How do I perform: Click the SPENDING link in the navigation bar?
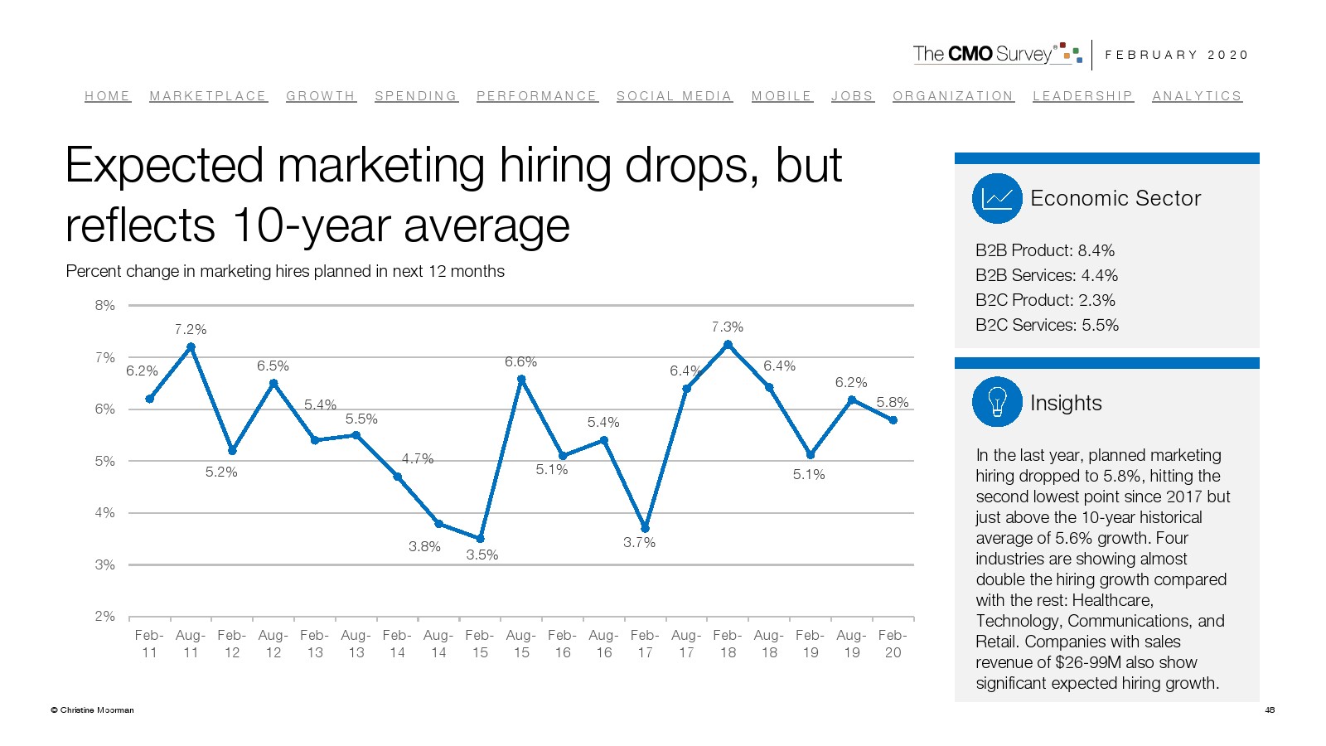point(415,96)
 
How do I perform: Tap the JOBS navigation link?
point(852,96)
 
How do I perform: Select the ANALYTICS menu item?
point(1197,96)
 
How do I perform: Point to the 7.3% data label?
point(728,327)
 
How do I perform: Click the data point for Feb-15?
point(480,539)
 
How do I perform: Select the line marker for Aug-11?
point(191,347)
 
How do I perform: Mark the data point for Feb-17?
point(645,528)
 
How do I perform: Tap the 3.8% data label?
point(424,547)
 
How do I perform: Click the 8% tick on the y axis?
point(105,305)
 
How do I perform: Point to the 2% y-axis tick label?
point(105,616)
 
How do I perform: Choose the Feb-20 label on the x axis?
point(893,644)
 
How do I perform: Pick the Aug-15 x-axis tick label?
point(521,644)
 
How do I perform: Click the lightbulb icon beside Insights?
point(997,402)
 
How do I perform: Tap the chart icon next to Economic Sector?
point(997,198)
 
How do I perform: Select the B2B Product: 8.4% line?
point(1044,250)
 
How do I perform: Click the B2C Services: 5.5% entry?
point(1047,325)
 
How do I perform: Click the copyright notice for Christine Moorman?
point(92,710)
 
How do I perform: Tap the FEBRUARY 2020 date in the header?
point(1176,55)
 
